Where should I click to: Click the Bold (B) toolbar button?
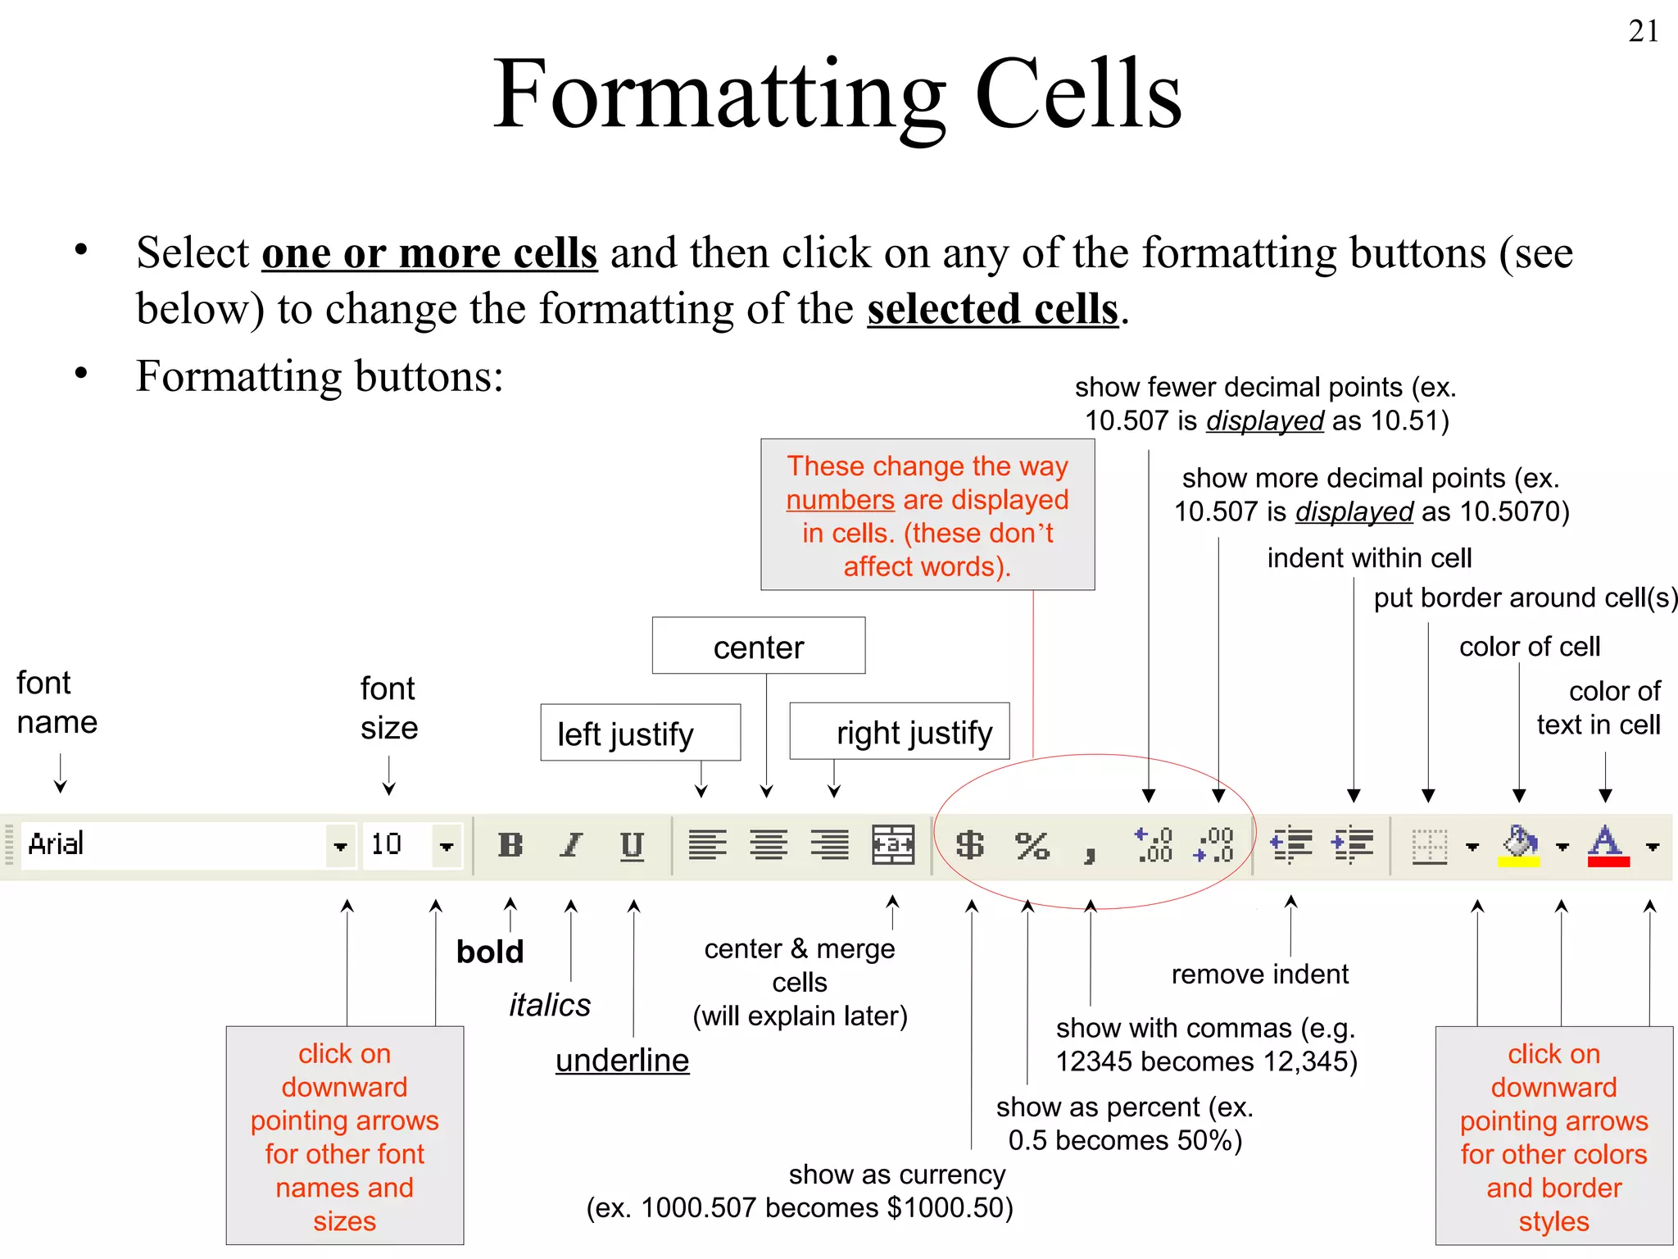point(510,844)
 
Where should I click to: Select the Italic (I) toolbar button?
point(571,844)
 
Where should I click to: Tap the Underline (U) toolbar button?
point(632,844)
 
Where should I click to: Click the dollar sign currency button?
point(970,844)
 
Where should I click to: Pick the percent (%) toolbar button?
point(1032,845)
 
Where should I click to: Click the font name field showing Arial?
point(172,844)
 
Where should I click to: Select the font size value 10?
point(387,844)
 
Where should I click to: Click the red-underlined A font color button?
point(1608,844)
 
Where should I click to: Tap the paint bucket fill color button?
point(1519,844)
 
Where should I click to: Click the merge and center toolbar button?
point(892,844)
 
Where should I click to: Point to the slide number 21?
point(1644,31)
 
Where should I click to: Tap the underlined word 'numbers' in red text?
point(840,500)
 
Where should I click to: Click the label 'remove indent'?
point(1259,974)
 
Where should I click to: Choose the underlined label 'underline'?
point(622,1061)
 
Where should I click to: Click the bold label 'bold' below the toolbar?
point(489,952)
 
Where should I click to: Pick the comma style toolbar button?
point(1090,852)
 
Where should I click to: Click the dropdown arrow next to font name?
point(340,846)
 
